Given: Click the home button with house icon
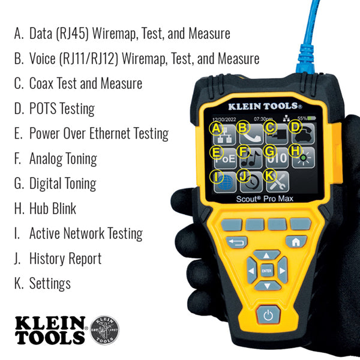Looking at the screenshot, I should (296, 242).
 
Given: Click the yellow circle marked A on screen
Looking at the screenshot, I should (215, 128).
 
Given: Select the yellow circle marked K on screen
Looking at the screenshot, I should (269, 175).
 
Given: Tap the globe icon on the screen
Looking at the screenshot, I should (223, 181).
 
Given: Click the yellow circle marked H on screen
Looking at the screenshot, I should (295, 151).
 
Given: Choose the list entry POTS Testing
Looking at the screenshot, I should (62, 109).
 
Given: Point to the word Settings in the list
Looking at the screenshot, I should (50, 283).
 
